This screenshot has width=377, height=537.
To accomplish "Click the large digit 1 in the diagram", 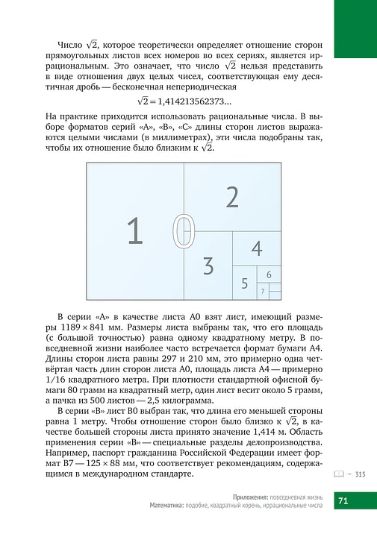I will coord(134,232).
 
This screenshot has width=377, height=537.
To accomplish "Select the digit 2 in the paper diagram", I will coord(232,197).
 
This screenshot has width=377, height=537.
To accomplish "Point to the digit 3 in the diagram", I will coord(208,265).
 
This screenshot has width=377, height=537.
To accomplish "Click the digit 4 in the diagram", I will coord(256,248).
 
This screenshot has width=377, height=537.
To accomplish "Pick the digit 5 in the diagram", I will coord(269,274).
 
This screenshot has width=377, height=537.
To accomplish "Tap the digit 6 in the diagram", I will coord(263,289).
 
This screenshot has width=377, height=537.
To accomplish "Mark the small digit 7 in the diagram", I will coord(263,289).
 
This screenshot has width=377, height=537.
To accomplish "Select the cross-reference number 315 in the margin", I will coord(360,474).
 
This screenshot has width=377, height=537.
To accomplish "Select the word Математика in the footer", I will coord(170,506).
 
